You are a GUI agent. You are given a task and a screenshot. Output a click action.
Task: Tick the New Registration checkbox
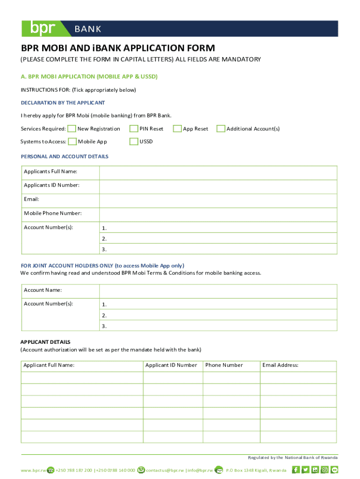72,129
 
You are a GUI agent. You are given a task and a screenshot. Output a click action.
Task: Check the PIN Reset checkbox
134,129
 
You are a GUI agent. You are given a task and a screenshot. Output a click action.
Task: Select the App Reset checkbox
177,129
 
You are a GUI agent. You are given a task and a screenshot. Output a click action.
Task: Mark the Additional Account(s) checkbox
221,129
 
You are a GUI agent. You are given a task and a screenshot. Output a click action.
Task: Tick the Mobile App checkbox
72,142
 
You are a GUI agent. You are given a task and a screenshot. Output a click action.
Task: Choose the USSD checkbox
134,142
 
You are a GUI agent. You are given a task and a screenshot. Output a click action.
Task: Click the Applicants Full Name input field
218,172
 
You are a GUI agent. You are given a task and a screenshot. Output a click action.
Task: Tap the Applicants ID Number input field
218,186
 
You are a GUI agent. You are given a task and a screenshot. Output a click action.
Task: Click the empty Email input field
218,200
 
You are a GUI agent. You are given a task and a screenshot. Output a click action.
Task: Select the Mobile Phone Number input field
218,214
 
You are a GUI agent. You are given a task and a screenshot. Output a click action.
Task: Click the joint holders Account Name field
218,290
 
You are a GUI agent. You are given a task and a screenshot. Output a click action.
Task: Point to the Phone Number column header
224,365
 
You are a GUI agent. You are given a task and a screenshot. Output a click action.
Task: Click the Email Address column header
280,365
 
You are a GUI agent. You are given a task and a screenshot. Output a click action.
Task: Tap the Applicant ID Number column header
171,365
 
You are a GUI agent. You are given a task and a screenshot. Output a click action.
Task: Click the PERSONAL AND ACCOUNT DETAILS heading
65,157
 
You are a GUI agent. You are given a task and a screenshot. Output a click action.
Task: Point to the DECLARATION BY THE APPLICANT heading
63,102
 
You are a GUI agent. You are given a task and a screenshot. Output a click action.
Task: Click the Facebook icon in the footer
295,470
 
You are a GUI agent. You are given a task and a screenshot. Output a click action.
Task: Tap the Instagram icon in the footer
325,470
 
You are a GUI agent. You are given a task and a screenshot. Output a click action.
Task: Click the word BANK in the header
88,29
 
